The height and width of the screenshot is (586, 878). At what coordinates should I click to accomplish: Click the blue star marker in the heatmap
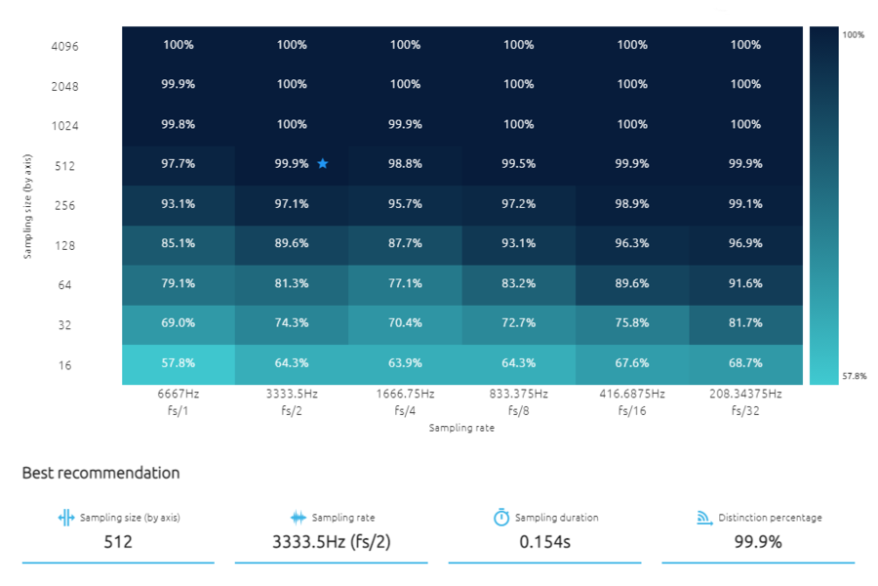(x=323, y=164)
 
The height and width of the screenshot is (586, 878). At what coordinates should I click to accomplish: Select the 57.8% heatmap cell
(x=179, y=363)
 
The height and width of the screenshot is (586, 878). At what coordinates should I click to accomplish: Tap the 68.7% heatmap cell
(x=745, y=363)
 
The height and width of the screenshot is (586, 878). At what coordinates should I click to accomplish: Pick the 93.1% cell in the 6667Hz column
(x=179, y=204)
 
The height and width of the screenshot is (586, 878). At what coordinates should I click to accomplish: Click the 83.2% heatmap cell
(x=519, y=283)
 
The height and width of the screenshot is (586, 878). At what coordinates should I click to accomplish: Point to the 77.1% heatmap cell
(x=405, y=283)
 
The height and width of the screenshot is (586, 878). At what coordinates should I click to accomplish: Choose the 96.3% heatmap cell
(x=632, y=243)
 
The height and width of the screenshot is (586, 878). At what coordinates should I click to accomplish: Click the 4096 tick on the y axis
(x=64, y=46)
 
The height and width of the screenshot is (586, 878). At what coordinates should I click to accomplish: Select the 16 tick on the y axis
(x=64, y=365)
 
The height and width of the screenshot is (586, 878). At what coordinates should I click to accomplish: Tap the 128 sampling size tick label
(x=64, y=245)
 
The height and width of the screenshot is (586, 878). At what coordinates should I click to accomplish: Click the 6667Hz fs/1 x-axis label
(x=179, y=401)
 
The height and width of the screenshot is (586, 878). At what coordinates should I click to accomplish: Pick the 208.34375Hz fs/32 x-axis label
(x=745, y=401)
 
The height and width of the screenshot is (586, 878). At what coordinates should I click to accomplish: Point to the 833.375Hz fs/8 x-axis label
(x=519, y=401)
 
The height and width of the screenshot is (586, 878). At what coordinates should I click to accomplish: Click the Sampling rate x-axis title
(x=461, y=428)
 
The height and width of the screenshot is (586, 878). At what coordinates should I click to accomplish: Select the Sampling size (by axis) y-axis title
(x=29, y=205)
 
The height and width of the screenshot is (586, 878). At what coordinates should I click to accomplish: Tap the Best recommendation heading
(x=100, y=473)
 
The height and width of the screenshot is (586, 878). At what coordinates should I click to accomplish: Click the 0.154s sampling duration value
(x=545, y=541)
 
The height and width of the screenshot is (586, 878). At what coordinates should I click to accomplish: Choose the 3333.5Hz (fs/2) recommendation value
(x=332, y=541)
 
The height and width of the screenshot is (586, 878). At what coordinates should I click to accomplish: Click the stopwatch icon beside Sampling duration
(x=501, y=518)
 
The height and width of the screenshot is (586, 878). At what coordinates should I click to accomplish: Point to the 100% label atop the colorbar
(x=853, y=35)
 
